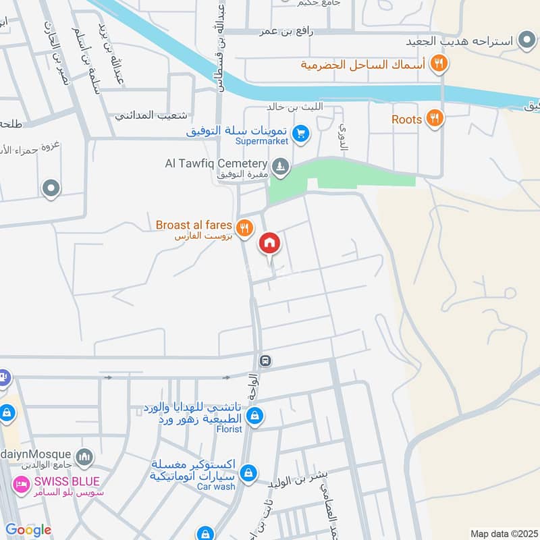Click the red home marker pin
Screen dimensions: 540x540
[x=270, y=244]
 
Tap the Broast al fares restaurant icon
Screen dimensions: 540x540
[x=245, y=227]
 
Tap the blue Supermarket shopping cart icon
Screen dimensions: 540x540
[x=302, y=134]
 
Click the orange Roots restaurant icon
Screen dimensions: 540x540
[x=435, y=119]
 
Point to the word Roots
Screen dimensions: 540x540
[x=406, y=119]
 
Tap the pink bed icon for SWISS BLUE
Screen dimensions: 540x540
[x=23, y=485]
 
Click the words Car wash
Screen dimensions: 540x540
[x=216, y=486]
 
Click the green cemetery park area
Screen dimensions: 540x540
[x=351, y=177]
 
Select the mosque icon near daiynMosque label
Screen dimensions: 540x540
[x=84, y=457]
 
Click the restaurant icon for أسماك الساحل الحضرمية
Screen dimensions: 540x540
[x=439, y=63]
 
